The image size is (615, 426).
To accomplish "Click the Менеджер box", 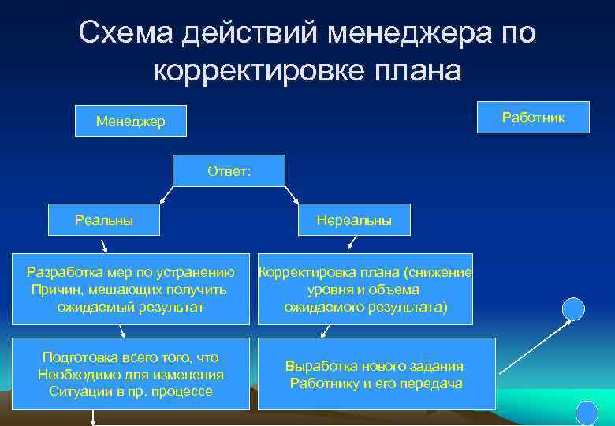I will click(x=130, y=121).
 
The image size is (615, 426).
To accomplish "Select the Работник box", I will click(x=532, y=116).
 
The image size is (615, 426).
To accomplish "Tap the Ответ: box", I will click(x=229, y=170).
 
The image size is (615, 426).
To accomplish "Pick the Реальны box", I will click(x=104, y=219).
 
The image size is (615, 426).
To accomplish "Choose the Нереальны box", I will click(x=354, y=220).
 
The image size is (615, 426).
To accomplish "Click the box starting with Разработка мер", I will click(x=130, y=289).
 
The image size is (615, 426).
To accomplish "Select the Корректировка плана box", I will click(x=366, y=289).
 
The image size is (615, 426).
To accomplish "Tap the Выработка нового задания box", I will click(x=376, y=374).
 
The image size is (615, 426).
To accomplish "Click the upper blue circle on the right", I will click(x=573, y=308).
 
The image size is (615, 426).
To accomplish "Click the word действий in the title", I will click(x=249, y=33).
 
